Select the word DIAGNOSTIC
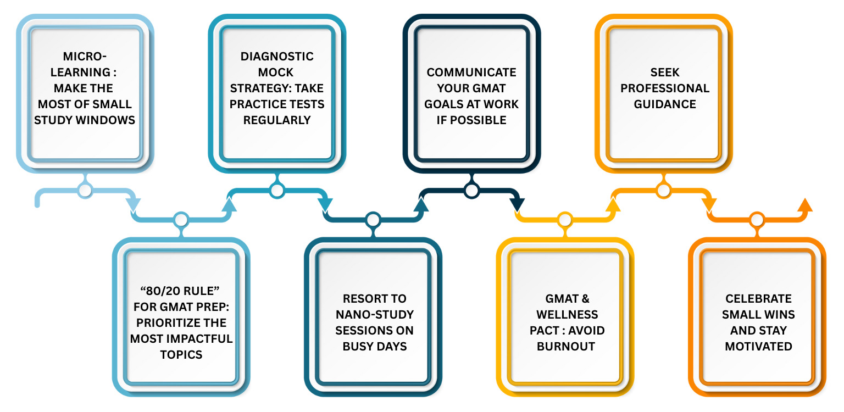point(277,56)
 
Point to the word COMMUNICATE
point(471,72)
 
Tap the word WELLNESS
point(567,314)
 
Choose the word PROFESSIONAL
point(664,88)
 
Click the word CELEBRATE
point(758,298)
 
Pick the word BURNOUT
point(566,346)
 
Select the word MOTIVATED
point(758,346)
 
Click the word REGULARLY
point(277,120)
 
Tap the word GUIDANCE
point(664,104)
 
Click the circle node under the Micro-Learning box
point(85,191)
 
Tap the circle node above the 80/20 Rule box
point(181,220)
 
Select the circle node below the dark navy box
point(471,191)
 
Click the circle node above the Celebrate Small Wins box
point(757,220)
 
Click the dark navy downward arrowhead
point(517,205)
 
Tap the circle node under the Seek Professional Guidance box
point(664,191)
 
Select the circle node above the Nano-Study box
point(373,220)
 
